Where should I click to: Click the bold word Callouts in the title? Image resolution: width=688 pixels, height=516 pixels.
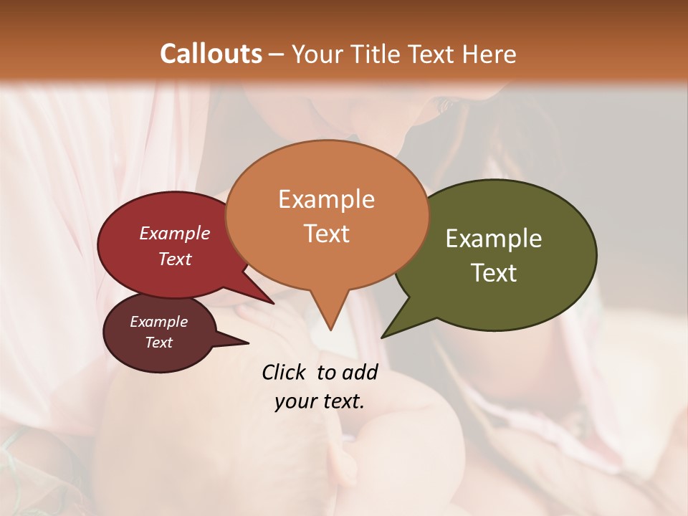[x=211, y=54]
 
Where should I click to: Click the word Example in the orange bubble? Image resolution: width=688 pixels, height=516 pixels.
[x=326, y=199]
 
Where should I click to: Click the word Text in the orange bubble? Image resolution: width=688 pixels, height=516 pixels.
[x=326, y=234]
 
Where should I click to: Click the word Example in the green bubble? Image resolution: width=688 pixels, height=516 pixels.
[x=494, y=239]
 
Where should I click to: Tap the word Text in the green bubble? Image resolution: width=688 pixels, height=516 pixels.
[x=494, y=273]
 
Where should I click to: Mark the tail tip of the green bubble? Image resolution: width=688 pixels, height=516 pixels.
[x=383, y=336]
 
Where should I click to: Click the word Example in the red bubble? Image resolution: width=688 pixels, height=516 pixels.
[x=175, y=233]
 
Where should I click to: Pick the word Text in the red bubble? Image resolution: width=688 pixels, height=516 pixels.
[x=175, y=259]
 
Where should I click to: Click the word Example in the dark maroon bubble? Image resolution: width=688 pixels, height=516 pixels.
[x=159, y=322]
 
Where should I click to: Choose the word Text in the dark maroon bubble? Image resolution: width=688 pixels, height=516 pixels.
[x=159, y=343]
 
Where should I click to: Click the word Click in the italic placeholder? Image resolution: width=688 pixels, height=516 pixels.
[x=285, y=372]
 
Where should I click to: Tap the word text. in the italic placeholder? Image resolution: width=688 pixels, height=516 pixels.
[x=341, y=401]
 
